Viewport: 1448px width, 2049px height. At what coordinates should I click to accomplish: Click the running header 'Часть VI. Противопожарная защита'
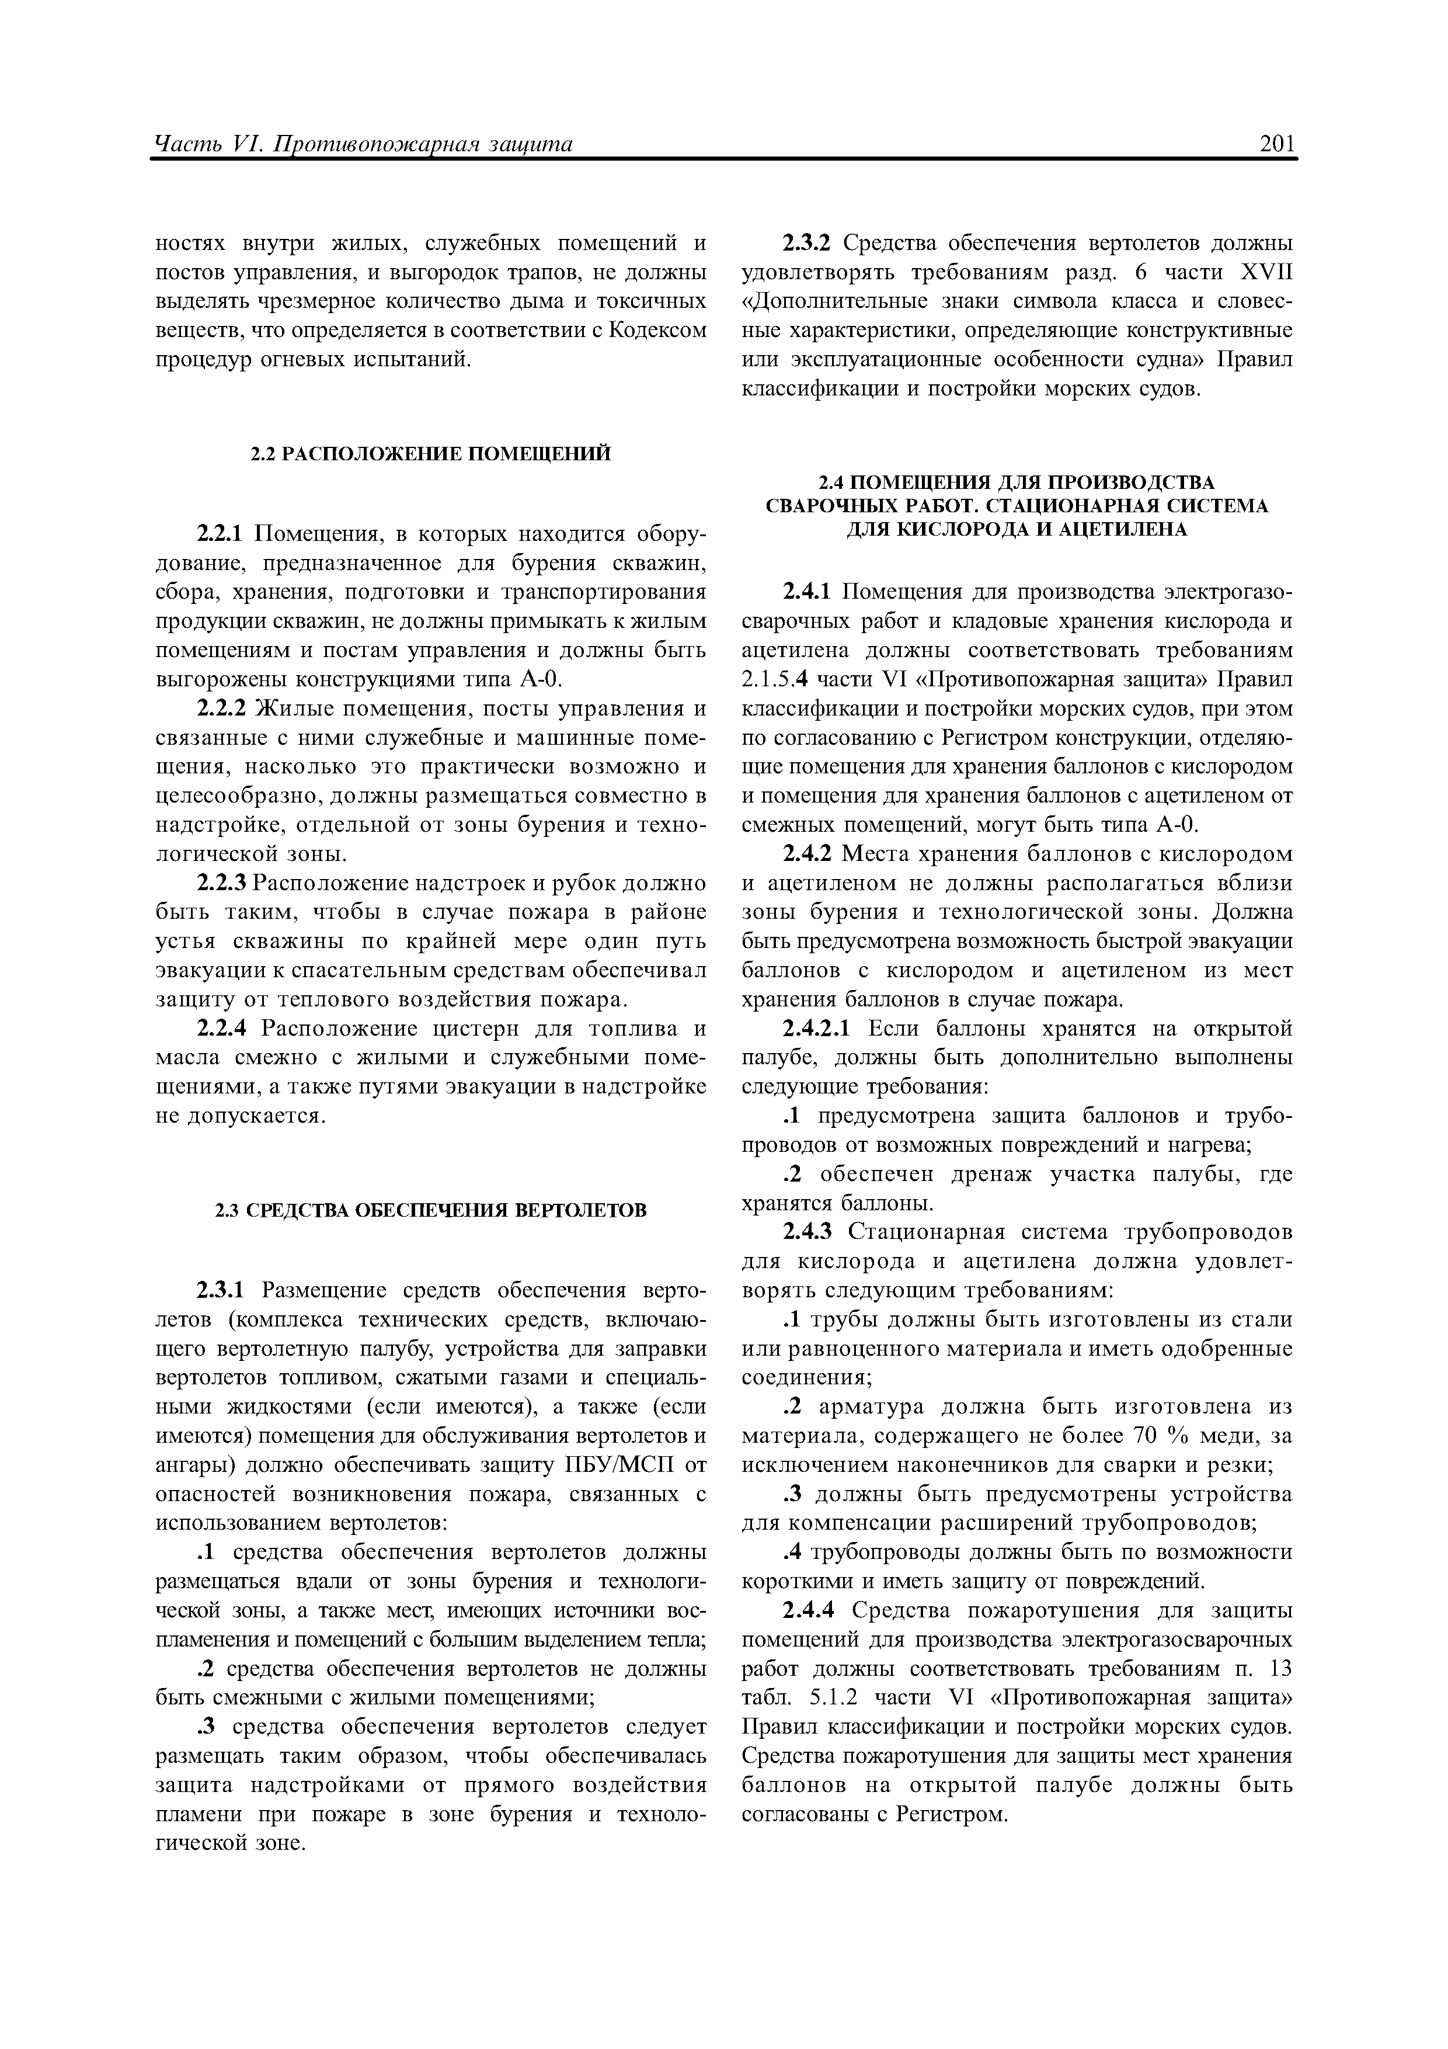coord(362,145)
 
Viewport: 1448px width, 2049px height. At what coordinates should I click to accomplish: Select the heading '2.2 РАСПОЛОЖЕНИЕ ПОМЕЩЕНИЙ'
coord(430,454)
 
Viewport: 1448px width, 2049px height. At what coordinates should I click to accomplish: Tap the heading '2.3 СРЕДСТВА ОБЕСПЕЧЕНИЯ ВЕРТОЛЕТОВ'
coord(430,1210)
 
